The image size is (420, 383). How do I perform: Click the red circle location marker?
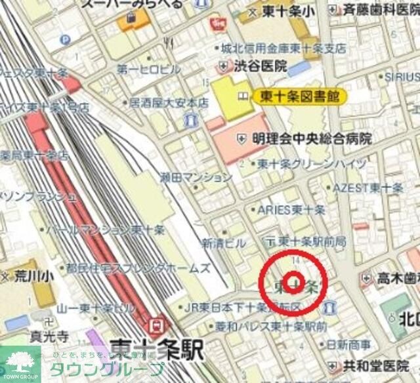293,283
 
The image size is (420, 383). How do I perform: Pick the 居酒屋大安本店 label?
168,103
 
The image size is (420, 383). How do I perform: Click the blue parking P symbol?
65,39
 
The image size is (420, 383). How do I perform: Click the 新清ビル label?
222,243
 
